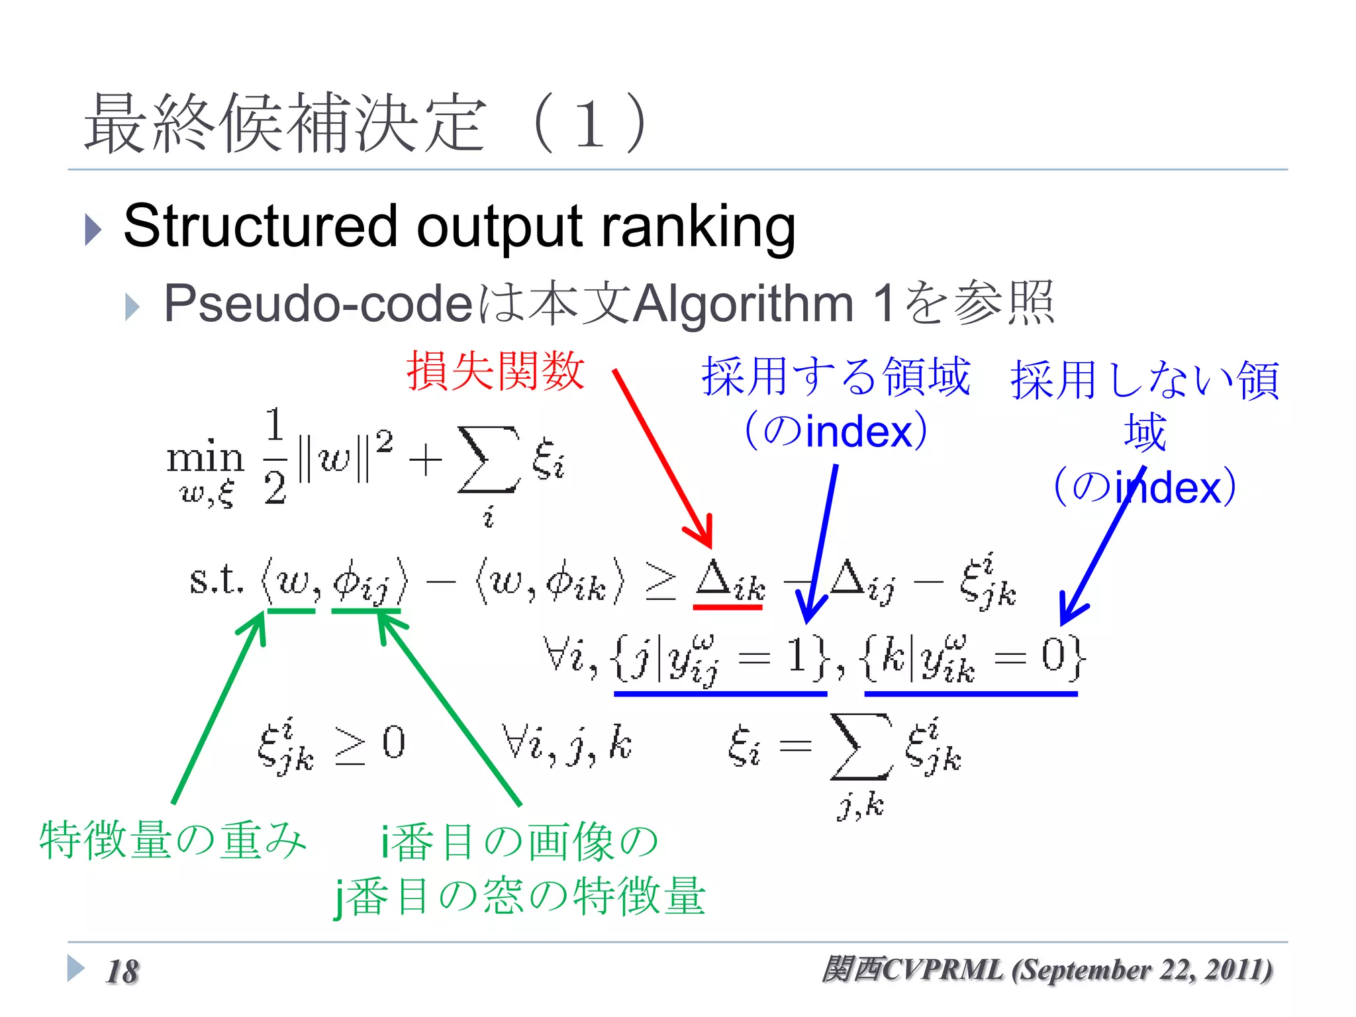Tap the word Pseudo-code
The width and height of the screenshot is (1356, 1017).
click(318, 304)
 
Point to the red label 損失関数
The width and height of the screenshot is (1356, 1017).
click(495, 371)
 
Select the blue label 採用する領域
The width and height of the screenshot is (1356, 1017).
click(836, 377)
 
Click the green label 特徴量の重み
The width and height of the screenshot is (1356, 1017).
click(173, 840)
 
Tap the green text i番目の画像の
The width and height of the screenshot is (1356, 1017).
click(519, 842)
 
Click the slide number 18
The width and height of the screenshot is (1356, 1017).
click(122, 972)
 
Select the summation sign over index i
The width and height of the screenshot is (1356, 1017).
click(489, 460)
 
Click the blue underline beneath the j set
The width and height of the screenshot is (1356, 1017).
click(720, 693)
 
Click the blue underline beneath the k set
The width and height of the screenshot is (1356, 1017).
click(971, 693)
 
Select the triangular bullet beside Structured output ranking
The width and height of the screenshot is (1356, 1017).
click(93, 230)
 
